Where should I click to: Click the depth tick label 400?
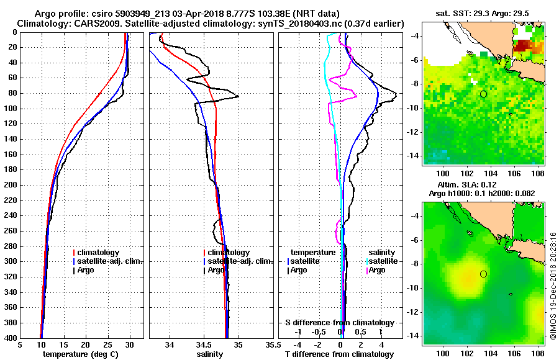pos(10,338)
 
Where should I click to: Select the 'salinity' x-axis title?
pos(210,354)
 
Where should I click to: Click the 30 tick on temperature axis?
pos(129,345)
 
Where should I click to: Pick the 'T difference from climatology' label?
pos(339,354)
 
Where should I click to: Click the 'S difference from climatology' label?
pos(339,323)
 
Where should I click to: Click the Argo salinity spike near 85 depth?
pos(238,97)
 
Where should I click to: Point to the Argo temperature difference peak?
pos(396,94)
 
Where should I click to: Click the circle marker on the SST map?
pos(483,94)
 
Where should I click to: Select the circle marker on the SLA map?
pos(483,274)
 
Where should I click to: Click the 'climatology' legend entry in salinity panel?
pos(229,253)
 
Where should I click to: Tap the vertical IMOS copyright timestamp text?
pos(553,286)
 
